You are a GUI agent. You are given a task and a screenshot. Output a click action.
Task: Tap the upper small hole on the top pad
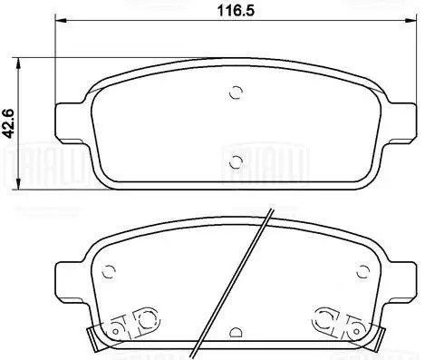(x=237, y=92)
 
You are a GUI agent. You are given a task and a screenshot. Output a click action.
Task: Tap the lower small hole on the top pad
(x=237, y=162)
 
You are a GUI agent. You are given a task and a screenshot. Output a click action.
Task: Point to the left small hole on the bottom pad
(x=110, y=269)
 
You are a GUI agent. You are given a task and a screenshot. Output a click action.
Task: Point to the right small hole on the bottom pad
(x=364, y=269)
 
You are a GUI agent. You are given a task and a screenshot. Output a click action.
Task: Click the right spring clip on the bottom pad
(x=332, y=322)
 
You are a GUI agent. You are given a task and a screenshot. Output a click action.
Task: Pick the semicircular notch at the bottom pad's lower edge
(x=237, y=335)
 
